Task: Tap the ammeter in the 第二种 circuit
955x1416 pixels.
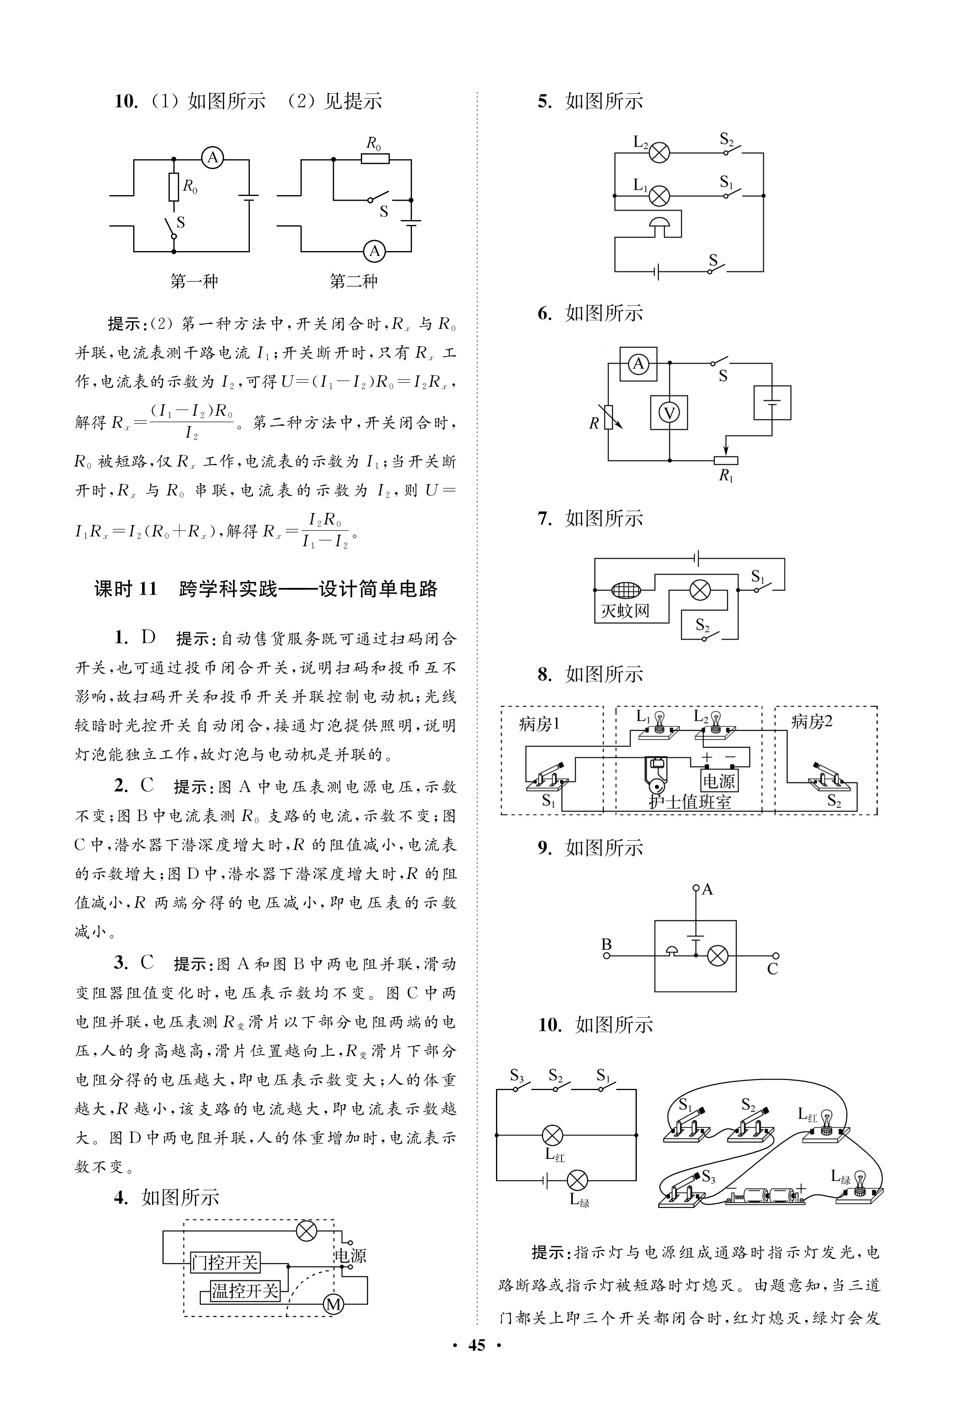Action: point(375,251)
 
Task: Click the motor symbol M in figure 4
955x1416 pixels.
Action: point(334,1304)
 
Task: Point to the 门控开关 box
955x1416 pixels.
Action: point(225,1263)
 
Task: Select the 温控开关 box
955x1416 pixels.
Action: point(245,1290)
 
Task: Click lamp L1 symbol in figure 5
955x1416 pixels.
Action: point(659,196)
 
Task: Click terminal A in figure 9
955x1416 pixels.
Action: point(696,888)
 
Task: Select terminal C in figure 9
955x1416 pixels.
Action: point(775,956)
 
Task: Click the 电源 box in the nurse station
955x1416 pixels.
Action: point(719,780)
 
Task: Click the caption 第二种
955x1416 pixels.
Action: point(353,281)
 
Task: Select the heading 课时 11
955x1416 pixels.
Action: point(126,589)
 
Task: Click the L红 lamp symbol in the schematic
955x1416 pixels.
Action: point(552,1135)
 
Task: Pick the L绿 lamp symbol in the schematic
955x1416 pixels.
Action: point(577,1180)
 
